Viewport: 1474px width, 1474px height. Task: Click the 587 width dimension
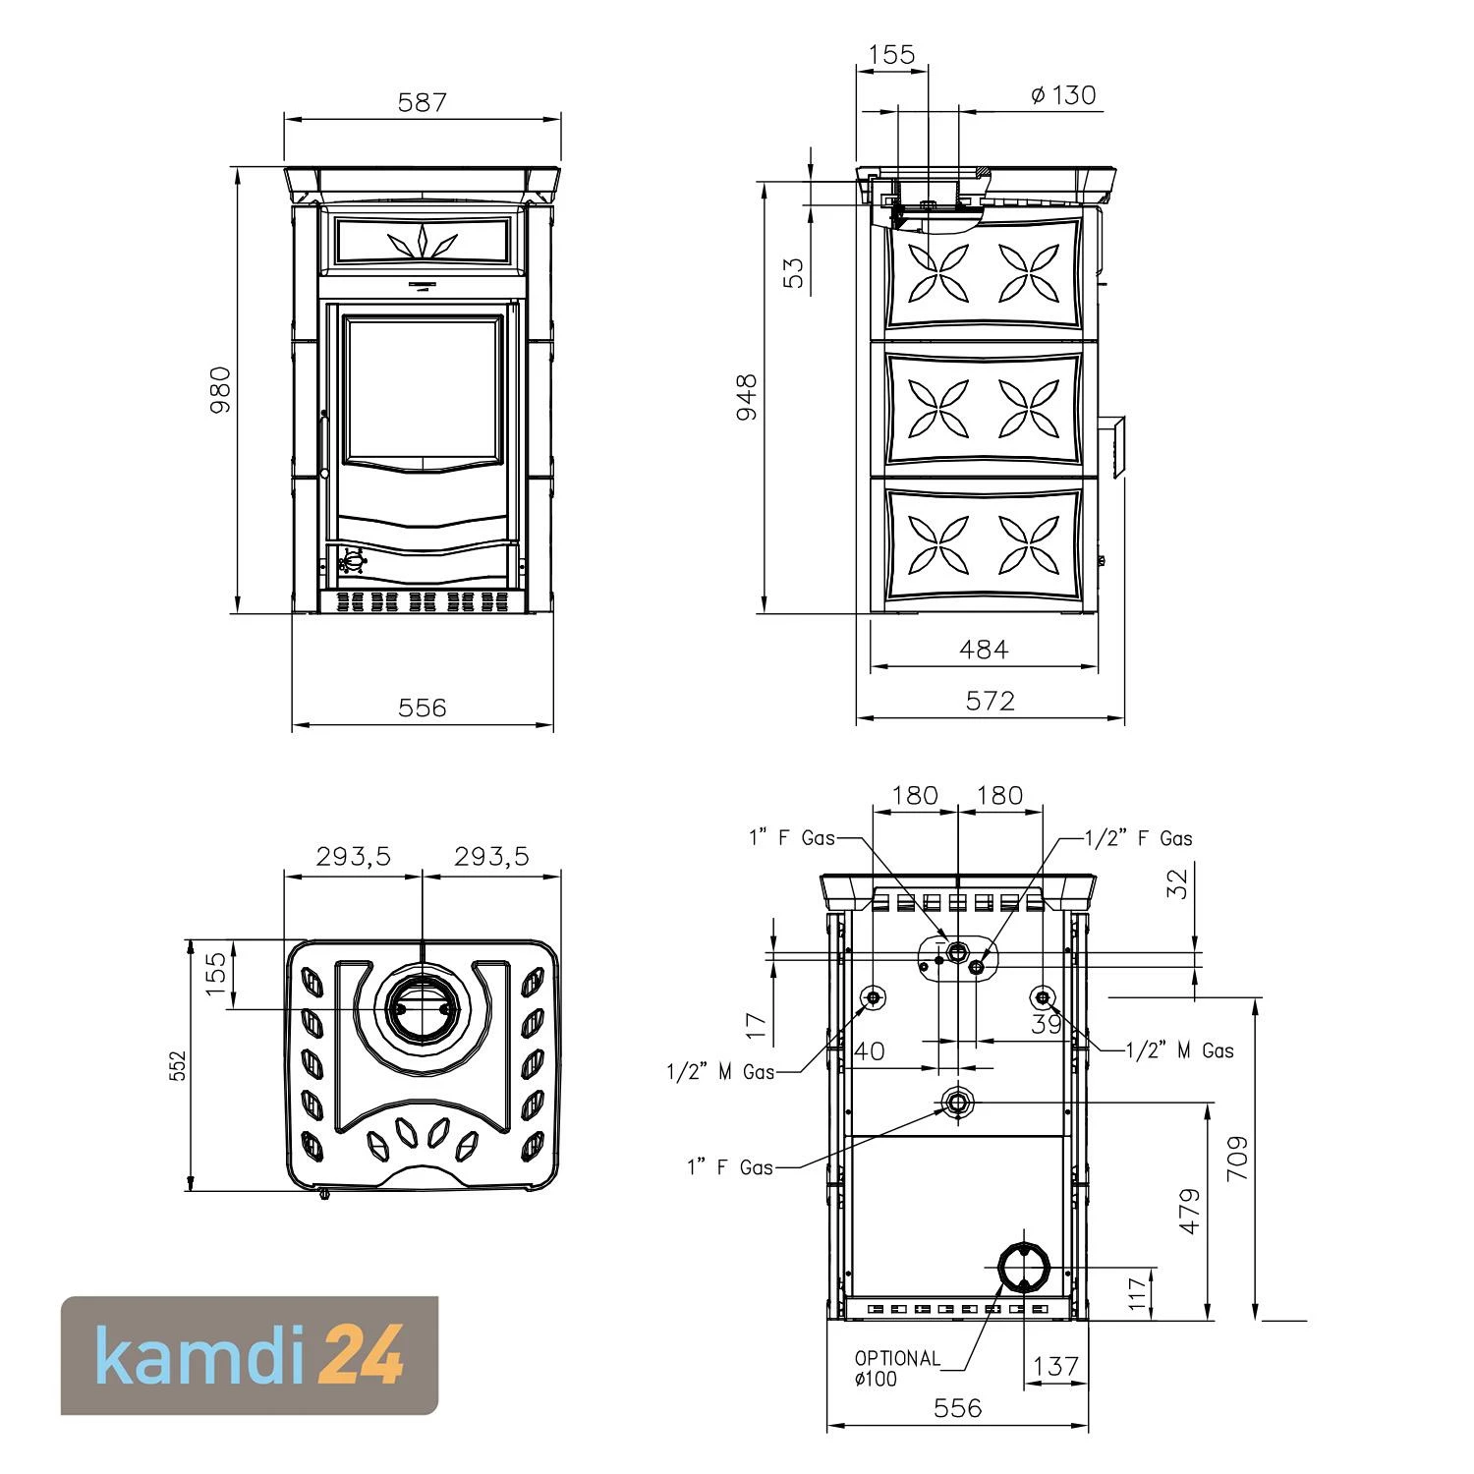coord(423,102)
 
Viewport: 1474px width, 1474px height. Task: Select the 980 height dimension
coord(221,389)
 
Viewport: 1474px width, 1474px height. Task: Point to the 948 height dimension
coord(747,396)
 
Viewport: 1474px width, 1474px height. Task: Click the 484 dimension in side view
coord(984,649)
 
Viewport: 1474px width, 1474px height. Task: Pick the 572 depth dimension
coord(990,701)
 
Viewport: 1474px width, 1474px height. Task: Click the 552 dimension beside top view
coord(177,1064)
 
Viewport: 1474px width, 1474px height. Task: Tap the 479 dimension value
coord(1189,1211)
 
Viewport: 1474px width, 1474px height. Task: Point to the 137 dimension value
coord(1056,1366)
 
